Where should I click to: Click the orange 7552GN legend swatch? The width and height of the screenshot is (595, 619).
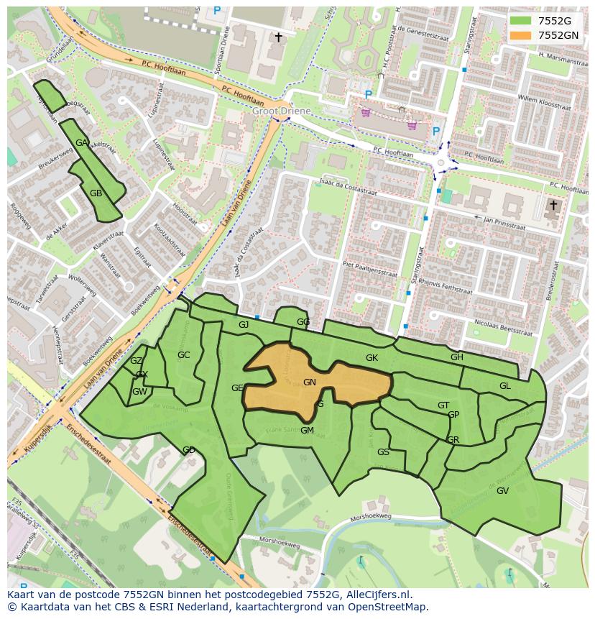click(522, 35)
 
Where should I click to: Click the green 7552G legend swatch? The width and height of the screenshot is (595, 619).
click(522, 21)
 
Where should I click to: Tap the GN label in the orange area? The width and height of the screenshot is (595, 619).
click(310, 382)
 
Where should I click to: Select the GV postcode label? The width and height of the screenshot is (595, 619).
click(502, 491)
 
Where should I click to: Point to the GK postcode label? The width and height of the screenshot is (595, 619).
click(372, 358)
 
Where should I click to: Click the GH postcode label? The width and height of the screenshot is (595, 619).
click(457, 357)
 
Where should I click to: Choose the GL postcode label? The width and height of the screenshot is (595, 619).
click(505, 386)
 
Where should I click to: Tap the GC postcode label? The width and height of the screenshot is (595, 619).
click(184, 355)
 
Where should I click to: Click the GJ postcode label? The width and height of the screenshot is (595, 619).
click(244, 325)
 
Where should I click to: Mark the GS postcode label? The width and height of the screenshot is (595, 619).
click(383, 452)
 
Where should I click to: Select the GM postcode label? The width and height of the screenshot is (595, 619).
click(307, 431)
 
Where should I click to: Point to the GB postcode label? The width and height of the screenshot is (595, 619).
click(96, 193)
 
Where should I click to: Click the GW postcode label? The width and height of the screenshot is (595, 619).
click(139, 392)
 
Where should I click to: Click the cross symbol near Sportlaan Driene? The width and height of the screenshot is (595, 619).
click(278, 37)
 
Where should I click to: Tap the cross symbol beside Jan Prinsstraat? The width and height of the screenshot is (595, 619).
click(553, 206)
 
